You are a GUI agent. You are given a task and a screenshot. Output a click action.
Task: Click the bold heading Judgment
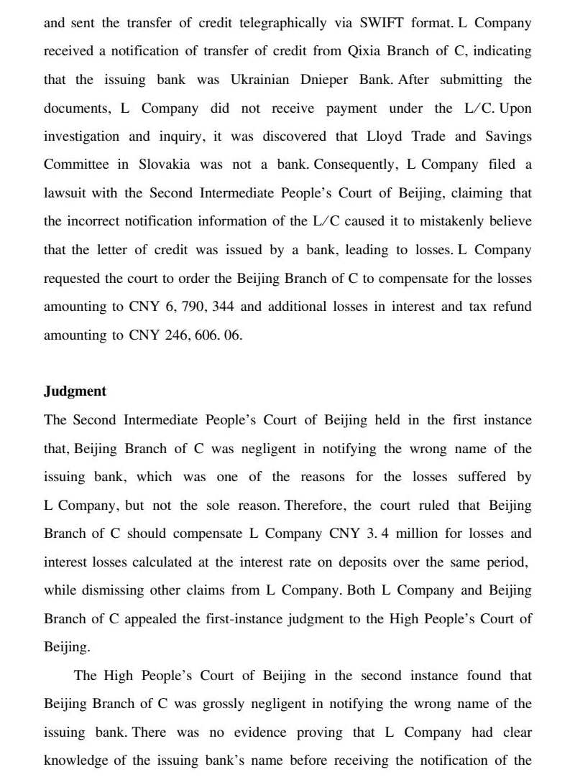tap(75, 391)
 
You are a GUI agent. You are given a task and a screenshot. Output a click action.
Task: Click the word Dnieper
tap(325, 80)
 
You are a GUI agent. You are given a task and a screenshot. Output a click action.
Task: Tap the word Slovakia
tap(162, 164)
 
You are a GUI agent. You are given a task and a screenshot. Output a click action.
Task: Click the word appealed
tap(158, 619)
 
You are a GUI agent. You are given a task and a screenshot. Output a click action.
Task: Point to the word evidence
tap(251, 732)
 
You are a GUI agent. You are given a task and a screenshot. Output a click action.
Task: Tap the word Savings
tap(507, 136)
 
